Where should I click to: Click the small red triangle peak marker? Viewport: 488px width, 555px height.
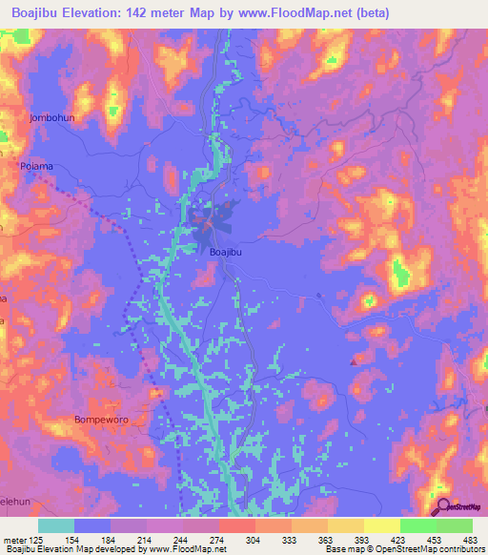355,360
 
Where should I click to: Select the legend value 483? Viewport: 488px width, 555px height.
468,540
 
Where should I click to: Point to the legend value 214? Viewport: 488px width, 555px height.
138,540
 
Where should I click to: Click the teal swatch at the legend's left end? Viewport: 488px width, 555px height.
56,525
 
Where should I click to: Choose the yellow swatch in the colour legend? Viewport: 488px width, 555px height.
382,525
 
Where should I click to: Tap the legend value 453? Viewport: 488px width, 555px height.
432,540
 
